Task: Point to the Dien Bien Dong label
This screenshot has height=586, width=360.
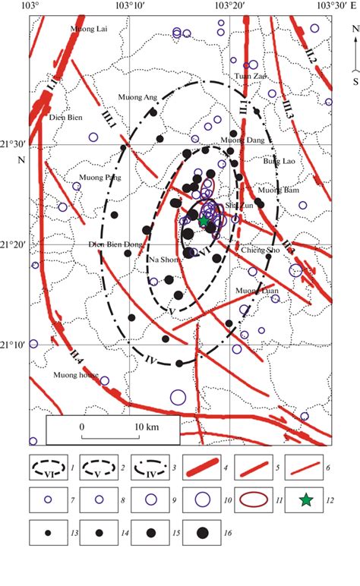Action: click(116, 244)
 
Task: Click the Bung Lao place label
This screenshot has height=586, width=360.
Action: click(278, 161)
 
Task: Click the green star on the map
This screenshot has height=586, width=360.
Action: click(204, 221)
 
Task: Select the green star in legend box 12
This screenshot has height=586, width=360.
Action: click(305, 499)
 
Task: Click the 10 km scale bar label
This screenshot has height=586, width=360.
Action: click(147, 427)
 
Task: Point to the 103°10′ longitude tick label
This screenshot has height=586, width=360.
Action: click(130, 5)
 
